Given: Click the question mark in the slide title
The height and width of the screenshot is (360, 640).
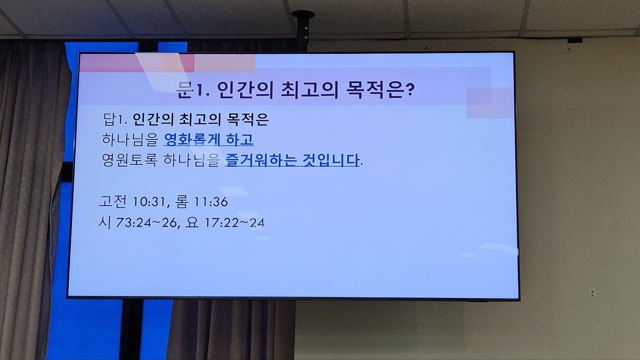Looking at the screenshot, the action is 409,90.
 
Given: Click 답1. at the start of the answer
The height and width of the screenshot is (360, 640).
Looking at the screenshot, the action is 115,119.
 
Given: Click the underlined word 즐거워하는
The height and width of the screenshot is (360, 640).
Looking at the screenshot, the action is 261,160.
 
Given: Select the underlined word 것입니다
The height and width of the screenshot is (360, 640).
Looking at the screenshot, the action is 331,160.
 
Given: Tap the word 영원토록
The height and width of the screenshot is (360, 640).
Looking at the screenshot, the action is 129,160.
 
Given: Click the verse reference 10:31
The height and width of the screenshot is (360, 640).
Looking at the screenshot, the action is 149,202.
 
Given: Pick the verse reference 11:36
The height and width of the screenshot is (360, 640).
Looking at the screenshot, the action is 211,202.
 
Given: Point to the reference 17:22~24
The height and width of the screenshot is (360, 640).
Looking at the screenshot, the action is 234,223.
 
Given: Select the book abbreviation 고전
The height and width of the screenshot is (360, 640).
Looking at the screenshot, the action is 112,201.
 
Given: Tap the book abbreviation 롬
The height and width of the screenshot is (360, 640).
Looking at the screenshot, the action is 181,201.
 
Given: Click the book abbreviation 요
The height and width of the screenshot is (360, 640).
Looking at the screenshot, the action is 191,222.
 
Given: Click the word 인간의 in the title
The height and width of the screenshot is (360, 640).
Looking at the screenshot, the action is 245,90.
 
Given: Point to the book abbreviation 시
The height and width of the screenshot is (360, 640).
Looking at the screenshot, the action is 104,222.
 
